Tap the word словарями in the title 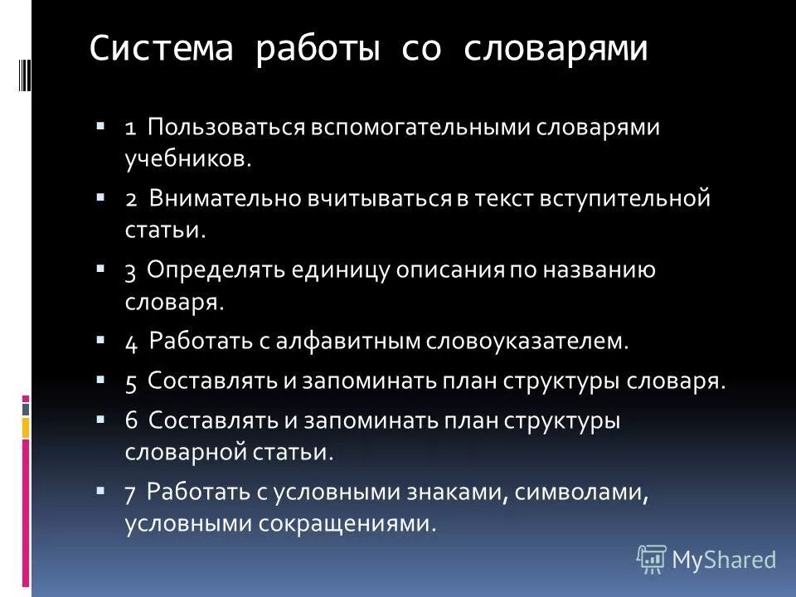click(556, 49)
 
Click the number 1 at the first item click(131, 129)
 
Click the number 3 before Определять click(130, 271)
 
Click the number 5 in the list click(131, 381)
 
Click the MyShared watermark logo click(706, 560)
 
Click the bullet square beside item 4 click(100, 339)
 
